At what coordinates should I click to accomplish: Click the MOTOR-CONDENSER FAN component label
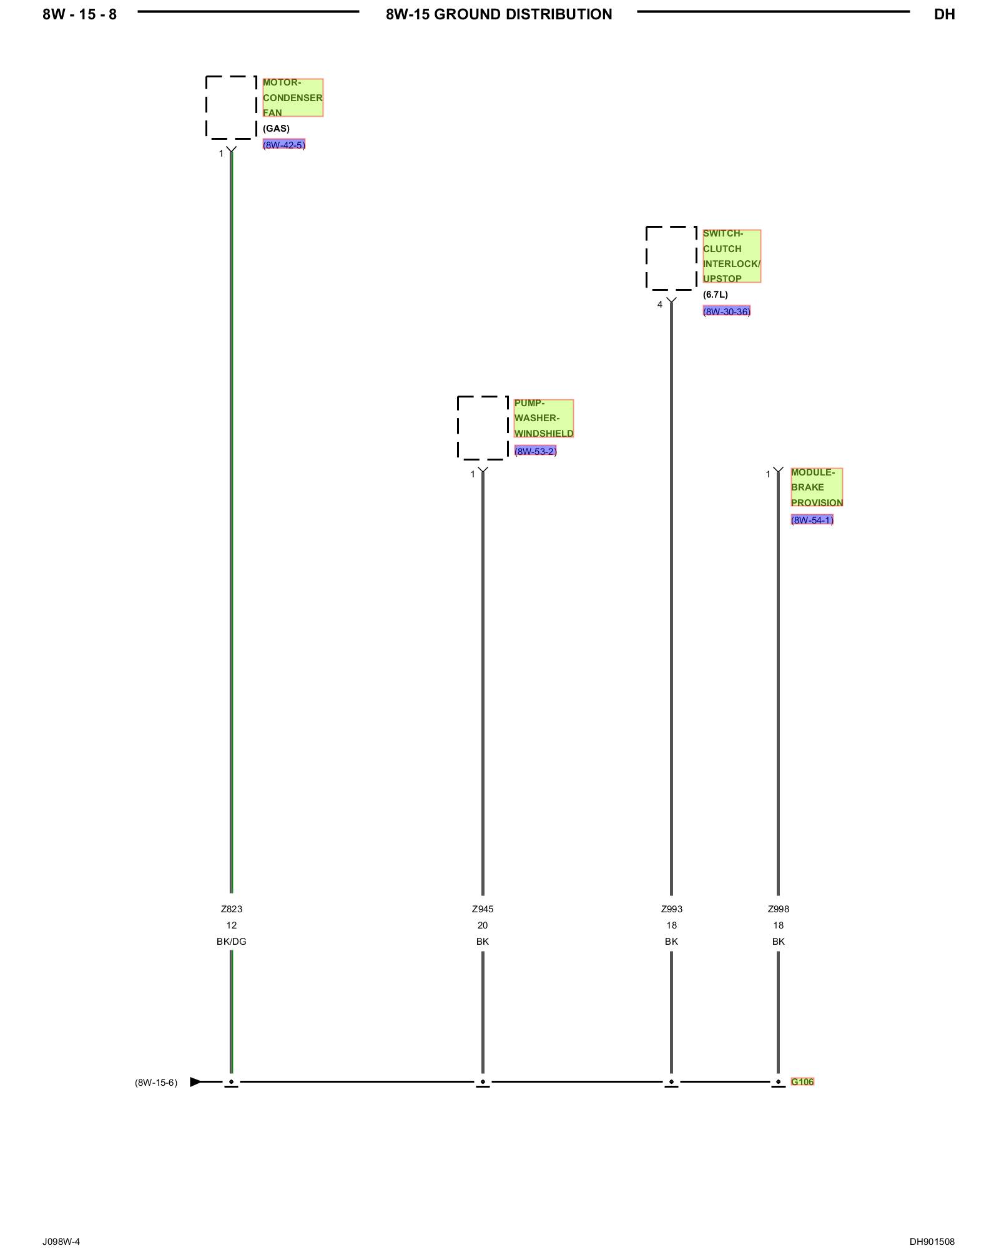click(x=292, y=97)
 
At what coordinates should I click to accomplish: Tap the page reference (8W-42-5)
click(x=283, y=145)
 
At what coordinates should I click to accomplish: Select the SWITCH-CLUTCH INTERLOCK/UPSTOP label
click(x=731, y=256)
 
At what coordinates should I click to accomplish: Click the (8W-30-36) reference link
click(x=726, y=311)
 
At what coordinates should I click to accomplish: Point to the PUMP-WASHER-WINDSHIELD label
click(x=543, y=418)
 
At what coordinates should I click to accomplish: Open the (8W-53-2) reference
click(x=535, y=451)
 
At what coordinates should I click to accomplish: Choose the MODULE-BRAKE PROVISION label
click(x=816, y=487)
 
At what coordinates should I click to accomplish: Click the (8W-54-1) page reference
click(x=812, y=520)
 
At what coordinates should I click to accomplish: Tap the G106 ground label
click(x=802, y=1081)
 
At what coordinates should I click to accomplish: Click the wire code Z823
click(x=231, y=909)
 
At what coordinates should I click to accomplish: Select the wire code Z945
click(x=483, y=909)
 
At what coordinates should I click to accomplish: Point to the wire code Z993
click(x=671, y=909)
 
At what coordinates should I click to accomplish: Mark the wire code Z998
click(x=778, y=909)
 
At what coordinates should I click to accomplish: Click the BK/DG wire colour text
click(x=231, y=942)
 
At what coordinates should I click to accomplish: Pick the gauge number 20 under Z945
click(x=483, y=925)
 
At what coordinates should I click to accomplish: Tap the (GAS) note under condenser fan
click(x=276, y=129)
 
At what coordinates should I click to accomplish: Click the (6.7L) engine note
click(x=715, y=295)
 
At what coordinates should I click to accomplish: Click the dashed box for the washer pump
click(x=483, y=427)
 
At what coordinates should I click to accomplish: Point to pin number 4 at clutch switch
click(x=659, y=305)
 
